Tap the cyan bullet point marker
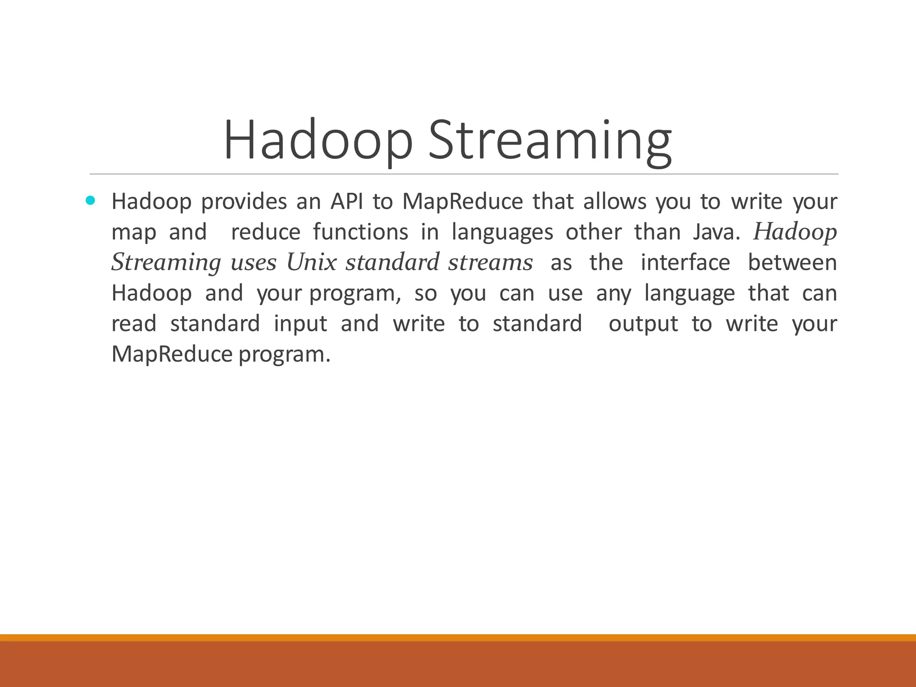pyautogui.click(x=90, y=200)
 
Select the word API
pyautogui.click(x=347, y=202)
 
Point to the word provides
pyautogui.click(x=244, y=202)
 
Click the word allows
pyautogui.click(x=615, y=202)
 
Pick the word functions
pyautogui.click(x=360, y=232)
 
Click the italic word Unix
pyautogui.click(x=311, y=263)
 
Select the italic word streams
pyautogui.click(x=491, y=263)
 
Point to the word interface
pyautogui.click(x=685, y=263)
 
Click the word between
pyautogui.click(x=792, y=263)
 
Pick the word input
pyautogui.click(x=301, y=324)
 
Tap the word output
pyautogui.click(x=643, y=324)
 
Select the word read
pyautogui.click(x=134, y=324)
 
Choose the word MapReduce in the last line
pyautogui.click(x=172, y=355)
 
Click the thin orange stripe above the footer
pyautogui.click(x=458, y=638)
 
